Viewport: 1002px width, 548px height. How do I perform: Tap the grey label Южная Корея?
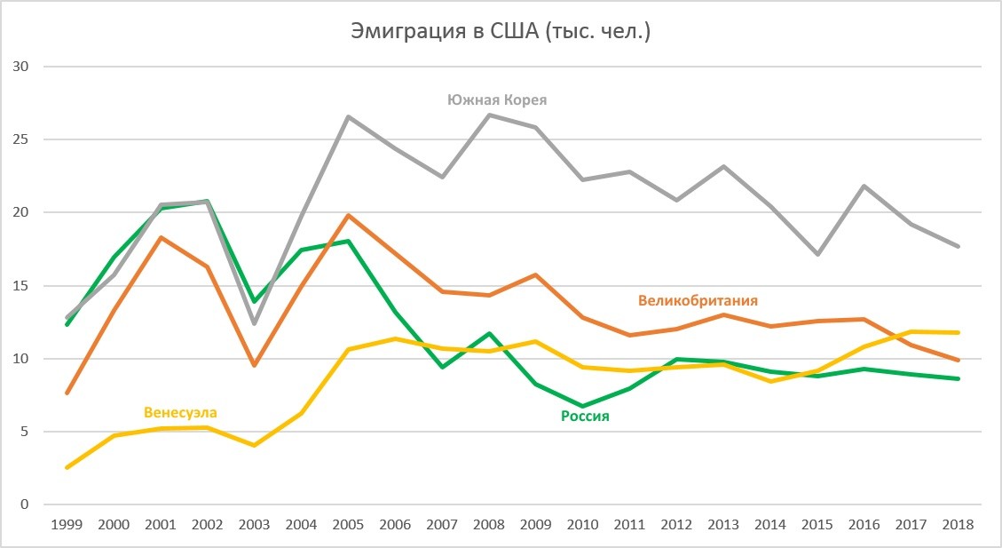pyautogui.click(x=497, y=100)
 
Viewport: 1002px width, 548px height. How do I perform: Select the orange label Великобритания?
pyautogui.click(x=698, y=300)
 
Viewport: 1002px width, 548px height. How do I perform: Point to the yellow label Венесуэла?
pyautogui.click(x=180, y=412)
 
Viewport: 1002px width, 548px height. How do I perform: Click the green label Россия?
pyautogui.click(x=585, y=416)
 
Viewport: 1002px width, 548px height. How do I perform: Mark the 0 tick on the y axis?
pyautogui.click(x=25, y=504)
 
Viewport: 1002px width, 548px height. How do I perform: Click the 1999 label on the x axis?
pyautogui.click(x=67, y=524)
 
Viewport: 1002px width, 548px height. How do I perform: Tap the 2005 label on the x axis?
pyautogui.click(x=349, y=524)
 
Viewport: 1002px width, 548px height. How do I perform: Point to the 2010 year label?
pyautogui.click(x=583, y=524)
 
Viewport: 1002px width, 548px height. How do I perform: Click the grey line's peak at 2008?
pyautogui.click(x=490, y=115)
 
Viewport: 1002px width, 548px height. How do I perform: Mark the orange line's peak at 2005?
pyautogui.click(x=349, y=215)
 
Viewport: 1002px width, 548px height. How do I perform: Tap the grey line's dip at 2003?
pyautogui.click(x=255, y=323)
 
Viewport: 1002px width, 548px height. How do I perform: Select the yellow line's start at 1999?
pyautogui.click(x=67, y=467)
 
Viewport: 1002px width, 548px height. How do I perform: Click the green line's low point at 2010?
pyautogui.click(x=583, y=406)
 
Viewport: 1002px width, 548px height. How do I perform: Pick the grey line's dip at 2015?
pyautogui.click(x=817, y=254)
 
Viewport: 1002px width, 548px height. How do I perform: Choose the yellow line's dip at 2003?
pyautogui.click(x=255, y=445)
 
